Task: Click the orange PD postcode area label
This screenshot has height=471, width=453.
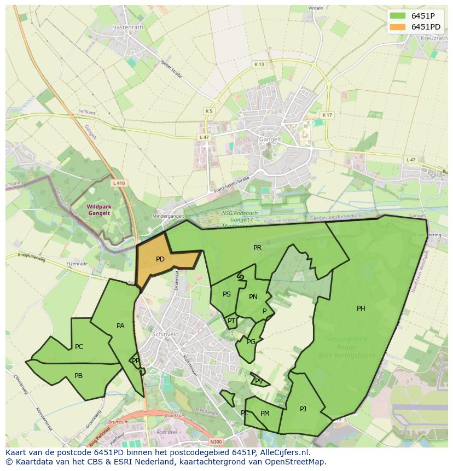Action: pyautogui.click(x=160, y=259)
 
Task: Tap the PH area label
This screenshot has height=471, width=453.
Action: pyautogui.click(x=361, y=309)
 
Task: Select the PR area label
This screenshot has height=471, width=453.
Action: pyautogui.click(x=257, y=248)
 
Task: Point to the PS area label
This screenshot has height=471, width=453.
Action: pyautogui.click(x=226, y=294)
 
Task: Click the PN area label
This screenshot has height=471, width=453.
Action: pyautogui.click(x=253, y=297)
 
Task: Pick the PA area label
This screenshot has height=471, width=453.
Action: pyautogui.click(x=120, y=326)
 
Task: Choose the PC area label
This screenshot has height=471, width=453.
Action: pyautogui.click(x=79, y=347)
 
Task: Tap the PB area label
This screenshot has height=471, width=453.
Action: pyautogui.click(x=78, y=376)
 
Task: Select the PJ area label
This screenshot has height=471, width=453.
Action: pyautogui.click(x=303, y=409)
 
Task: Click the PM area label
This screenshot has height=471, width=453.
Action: pyautogui.click(x=265, y=414)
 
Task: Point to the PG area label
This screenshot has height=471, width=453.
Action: pyautogui.click(x=251, y=342)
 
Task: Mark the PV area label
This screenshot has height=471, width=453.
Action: pyautogui.click(x=259, y=381)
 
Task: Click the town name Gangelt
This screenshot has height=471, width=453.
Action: pyautogui.click(x=270, y=139)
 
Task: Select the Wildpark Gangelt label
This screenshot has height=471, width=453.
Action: pyautogui.click(x=98, y=210)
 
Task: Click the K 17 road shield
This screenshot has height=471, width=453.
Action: pyautogui.click(x=327, y=115)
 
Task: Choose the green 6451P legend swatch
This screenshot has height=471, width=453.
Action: pyautogui.click(x=398, y=16)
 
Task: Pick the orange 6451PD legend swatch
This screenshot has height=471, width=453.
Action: pyautogui.click(x=398, y=27)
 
